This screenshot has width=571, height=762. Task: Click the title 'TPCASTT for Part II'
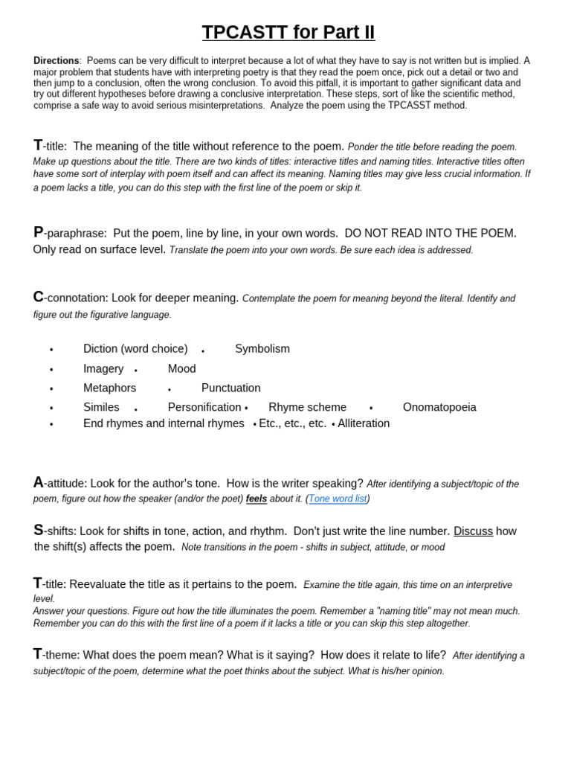tap(288, 33)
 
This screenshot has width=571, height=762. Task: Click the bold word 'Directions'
tap(56, 61)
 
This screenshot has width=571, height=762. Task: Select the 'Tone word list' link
tap(338, 499)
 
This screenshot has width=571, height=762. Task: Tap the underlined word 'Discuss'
tap(473, 531)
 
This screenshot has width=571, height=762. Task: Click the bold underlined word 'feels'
tap(257, 499)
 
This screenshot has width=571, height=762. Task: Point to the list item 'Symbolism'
tap(262, 349)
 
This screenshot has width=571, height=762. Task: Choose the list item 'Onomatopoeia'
tap(439, 407)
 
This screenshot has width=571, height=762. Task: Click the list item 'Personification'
tap(204, 407)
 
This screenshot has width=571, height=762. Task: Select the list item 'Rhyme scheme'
tap(307, 407)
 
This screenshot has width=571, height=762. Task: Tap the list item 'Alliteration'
tap(364, 423)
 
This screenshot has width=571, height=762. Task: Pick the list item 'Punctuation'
tap(230, 388)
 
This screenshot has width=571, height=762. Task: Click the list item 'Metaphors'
tap(110, 388)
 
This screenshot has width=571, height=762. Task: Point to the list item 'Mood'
tap(182, 368)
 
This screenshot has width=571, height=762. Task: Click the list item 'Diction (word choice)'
tap(135, 349)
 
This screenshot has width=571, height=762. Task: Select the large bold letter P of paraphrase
tap(38, 232)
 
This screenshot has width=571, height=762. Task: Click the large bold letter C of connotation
tap(38, 297)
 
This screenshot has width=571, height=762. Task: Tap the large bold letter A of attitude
tap(38, 482)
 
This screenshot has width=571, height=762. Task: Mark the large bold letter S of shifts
tap(38, 531)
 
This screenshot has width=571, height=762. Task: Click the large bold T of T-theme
tap(37, 654)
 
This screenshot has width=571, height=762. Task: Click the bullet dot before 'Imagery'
tap(51, 370)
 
